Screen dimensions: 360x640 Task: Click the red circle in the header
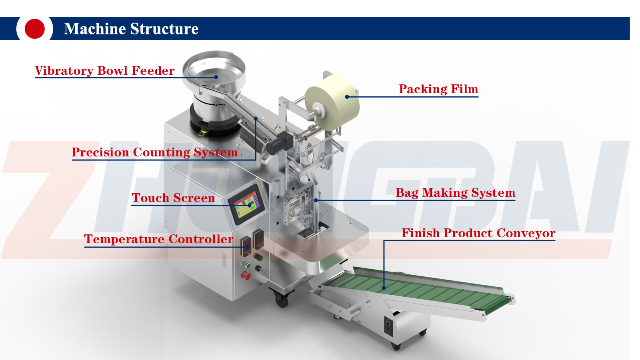(34, 29)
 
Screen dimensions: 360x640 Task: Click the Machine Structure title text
(131, 29)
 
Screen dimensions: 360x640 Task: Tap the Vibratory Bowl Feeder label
(104, 71)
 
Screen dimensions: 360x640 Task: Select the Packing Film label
(438, 89)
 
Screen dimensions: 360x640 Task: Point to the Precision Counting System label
(154, 152)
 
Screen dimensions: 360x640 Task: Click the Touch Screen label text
(173, 198)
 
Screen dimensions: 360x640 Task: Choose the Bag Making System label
(455, 193)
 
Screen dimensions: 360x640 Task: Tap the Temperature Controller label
(158, 239)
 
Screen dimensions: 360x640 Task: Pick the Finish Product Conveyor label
(478, 233)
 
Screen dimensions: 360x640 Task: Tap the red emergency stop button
(245, 276)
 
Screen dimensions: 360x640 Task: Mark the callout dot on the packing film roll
(347, 97)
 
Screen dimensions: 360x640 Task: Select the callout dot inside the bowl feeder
(216, 77)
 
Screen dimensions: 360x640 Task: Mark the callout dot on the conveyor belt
(384, 288)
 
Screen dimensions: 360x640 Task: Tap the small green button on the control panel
(248, 265)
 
